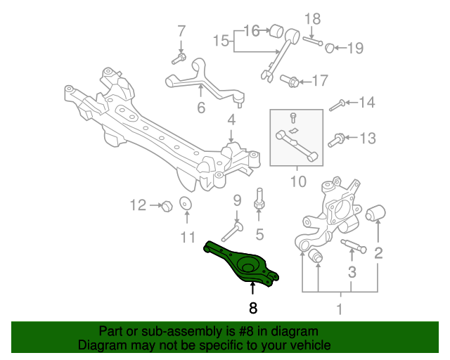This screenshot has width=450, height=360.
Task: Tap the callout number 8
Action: tap(252, 307)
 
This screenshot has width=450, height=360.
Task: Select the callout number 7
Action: tap(181, 31)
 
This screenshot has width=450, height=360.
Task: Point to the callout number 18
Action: tap(312, 18)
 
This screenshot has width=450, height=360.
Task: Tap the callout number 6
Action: tap(200, 108)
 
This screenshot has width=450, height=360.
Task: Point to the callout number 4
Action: tap(231, 122)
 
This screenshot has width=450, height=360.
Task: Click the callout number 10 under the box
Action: tap(297, 182)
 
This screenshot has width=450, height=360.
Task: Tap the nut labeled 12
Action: tap(167, 206)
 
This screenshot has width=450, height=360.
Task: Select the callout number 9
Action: tap(237, 200)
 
